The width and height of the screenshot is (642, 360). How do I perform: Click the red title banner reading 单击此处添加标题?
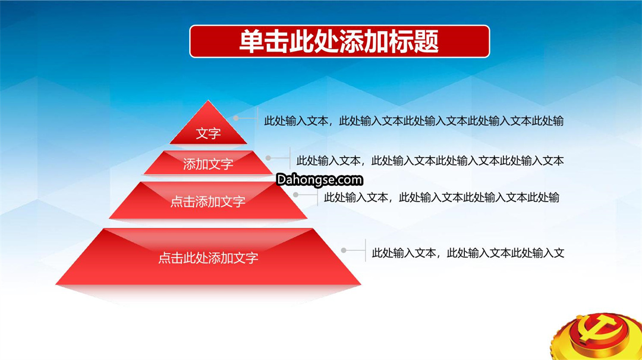click(339, 42)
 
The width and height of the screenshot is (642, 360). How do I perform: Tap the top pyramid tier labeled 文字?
click(208, 127)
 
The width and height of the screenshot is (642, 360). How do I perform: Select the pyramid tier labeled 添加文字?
click(208, 163)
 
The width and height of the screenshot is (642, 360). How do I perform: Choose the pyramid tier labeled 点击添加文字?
click(208, 200)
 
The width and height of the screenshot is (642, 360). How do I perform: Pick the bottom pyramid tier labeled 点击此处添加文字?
click(208, 257)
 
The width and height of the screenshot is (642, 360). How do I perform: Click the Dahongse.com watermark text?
click(319, 180)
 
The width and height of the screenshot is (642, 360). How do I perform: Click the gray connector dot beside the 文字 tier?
click(236, 118)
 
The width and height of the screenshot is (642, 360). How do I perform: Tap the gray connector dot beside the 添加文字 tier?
click(268, 158)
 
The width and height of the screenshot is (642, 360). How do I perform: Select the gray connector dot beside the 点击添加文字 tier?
click(295, 195)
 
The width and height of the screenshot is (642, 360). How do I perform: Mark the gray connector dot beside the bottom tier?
click(344, 250)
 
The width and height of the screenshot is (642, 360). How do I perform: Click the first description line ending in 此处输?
click(414, 121)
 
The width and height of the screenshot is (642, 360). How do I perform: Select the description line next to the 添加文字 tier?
click(430, 161)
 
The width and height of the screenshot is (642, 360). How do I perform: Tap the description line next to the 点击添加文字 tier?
click(441, 198)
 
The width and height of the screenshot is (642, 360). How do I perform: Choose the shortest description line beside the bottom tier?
click(468, 253)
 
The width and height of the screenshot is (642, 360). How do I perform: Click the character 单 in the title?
click(251, 42)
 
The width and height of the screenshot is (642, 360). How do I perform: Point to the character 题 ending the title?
click(426, 42)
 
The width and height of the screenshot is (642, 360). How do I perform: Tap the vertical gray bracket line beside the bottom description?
click(365, 250)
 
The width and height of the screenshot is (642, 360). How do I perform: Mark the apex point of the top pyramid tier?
click(208, 100)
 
